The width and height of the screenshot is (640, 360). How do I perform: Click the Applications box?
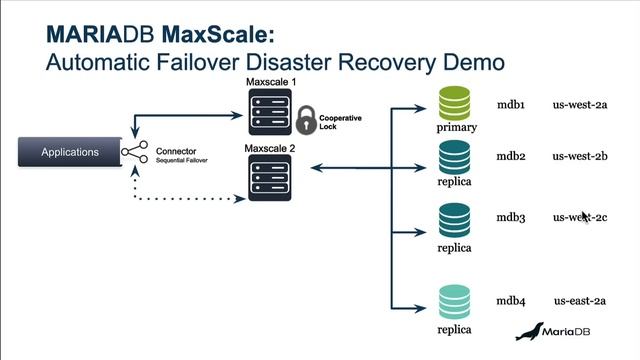tap(70, 152)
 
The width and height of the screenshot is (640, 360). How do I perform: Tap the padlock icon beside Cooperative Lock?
tap(305, 121)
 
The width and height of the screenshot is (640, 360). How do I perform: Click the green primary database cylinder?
tap(455, 103)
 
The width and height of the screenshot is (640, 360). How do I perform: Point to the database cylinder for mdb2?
tap(455, 157)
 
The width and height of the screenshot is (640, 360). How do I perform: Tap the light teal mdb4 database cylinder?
tap(455, 300)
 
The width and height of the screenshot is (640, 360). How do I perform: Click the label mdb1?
tap(513, 104)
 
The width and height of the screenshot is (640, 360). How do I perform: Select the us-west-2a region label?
tap(581, 104)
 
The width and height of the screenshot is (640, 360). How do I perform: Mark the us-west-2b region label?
tap(581, 156)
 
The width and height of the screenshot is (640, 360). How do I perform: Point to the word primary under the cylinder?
tap(456, 128)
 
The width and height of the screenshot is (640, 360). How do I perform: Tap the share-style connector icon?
tap(135, 152)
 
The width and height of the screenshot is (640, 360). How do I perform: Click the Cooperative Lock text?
tap(340, 123)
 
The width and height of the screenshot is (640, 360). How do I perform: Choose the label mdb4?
tap(513, 300)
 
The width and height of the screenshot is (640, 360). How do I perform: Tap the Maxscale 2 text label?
tap(270, 147)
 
